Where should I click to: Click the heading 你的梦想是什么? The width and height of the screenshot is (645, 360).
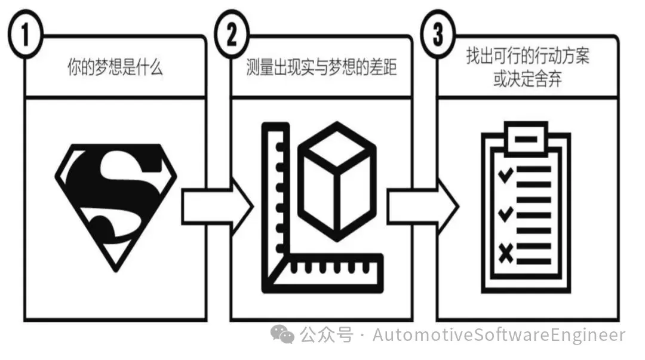[115, 67]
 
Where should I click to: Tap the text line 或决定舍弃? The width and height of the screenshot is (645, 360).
[527, 80]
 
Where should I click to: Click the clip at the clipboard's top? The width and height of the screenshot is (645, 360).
[526, 137]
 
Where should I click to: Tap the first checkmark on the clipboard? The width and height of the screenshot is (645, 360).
[506, 174]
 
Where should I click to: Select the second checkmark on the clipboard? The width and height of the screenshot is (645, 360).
[506, 212]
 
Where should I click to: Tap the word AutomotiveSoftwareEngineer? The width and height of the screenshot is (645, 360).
[499, 335]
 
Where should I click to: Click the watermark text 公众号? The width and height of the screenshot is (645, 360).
[326, 335]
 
